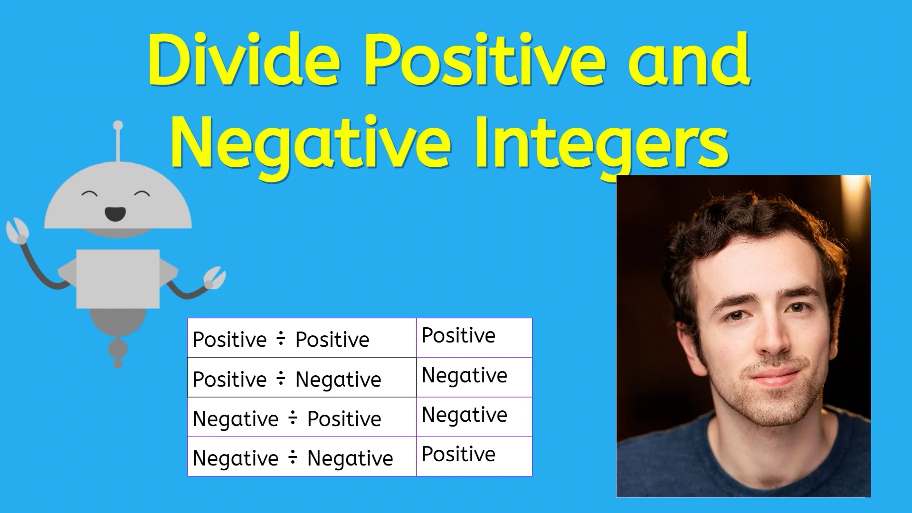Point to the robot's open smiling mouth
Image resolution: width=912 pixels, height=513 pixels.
[115, 214]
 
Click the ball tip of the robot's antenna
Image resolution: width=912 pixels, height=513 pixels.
[118, 126]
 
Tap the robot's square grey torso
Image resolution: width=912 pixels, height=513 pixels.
[118, 279]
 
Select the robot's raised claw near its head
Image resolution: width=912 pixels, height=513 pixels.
[17, 231]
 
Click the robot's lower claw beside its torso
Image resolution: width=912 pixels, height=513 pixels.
[215, 277]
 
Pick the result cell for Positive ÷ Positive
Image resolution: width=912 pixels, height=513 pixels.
[474, 337]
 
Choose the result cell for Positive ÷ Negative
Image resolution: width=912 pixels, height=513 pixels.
[474, 377]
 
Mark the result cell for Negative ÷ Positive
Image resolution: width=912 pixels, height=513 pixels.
[474, 416]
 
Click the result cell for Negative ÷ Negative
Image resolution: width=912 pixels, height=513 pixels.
[474, 456]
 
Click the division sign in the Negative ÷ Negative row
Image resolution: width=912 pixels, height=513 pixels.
[293, 457]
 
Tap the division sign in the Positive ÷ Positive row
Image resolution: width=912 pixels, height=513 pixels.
[281, 339]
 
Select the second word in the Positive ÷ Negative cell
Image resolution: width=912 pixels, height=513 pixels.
[338, 380]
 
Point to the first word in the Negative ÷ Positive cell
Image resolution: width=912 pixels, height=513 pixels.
[236, 419]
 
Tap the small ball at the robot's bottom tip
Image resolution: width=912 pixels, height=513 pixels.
[118, 364]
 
